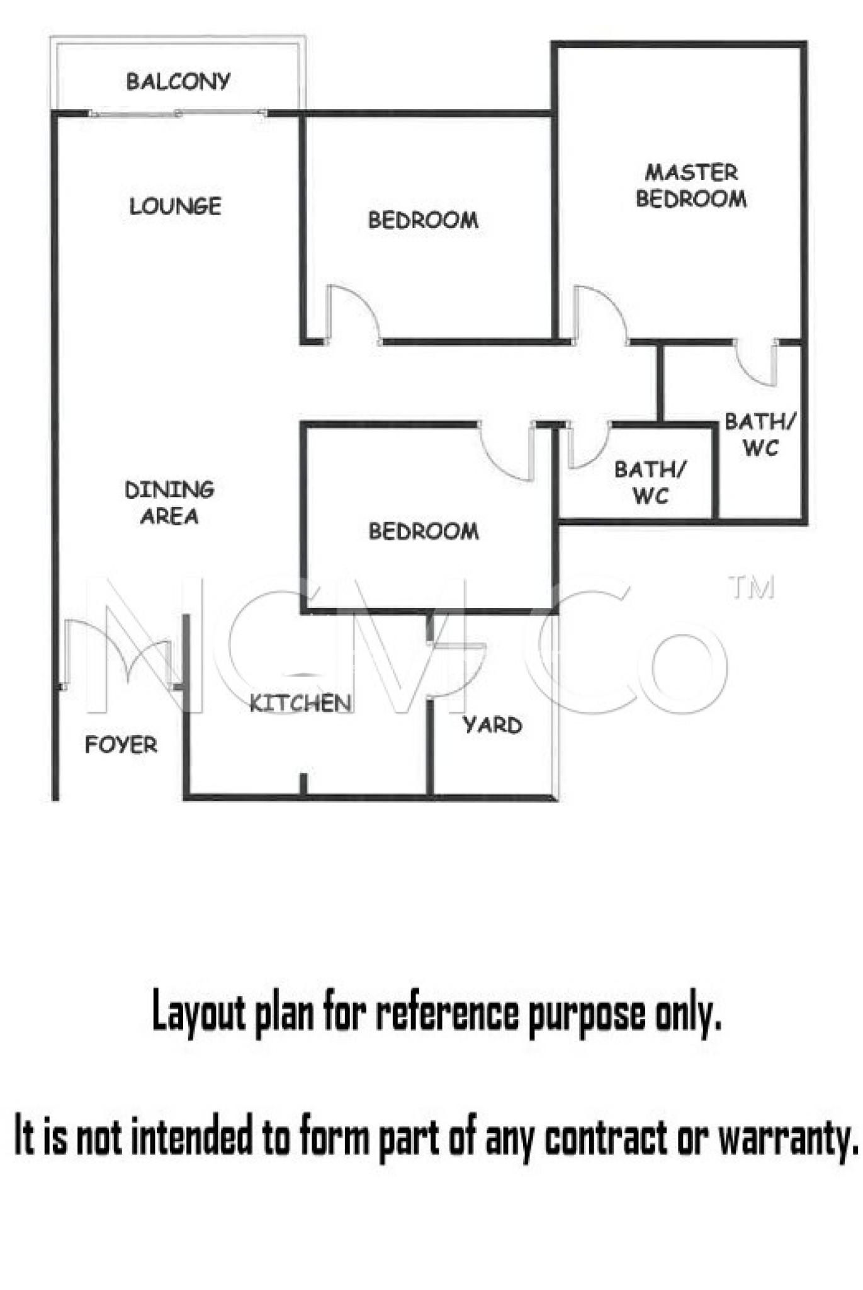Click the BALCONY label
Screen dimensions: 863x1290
coord(178,81)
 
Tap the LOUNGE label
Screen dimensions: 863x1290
coord(175,206)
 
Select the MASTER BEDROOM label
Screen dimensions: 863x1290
coord(691,186)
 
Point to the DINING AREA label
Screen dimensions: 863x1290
coord(169,503)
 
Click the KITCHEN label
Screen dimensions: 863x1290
coord(300,703)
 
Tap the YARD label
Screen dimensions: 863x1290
coord(492,725)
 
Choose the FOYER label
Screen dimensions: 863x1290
coord(121,745)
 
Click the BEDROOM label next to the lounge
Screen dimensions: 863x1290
coord(423,220)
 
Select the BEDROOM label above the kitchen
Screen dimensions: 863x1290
coord(424,531)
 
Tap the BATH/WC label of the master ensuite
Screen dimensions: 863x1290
coord(760,435)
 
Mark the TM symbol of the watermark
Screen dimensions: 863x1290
coord(751,587)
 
